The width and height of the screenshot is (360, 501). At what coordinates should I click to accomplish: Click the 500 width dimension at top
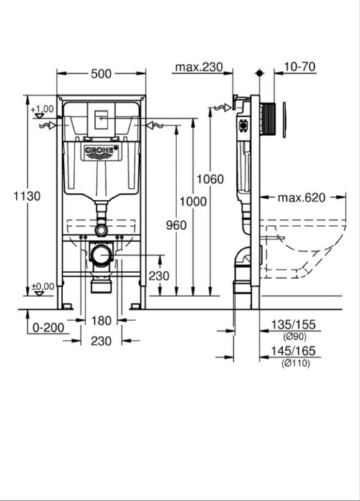pos(101,72)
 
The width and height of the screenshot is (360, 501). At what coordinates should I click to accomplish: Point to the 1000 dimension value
pos(193,202)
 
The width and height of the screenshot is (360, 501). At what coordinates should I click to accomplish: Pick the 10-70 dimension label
pos(300,67)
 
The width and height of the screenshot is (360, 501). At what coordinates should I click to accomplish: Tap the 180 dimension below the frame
pos(101,320)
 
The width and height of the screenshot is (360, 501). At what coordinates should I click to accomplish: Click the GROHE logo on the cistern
pos(100,151)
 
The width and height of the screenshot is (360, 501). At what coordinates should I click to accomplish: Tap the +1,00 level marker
pos(42,110)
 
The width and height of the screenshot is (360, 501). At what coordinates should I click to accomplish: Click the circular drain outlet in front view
pos(101,253)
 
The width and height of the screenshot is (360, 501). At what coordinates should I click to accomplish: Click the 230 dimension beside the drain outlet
pos(159,276)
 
